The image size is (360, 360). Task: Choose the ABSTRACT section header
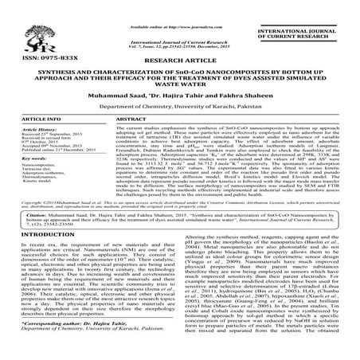coord(134,140)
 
